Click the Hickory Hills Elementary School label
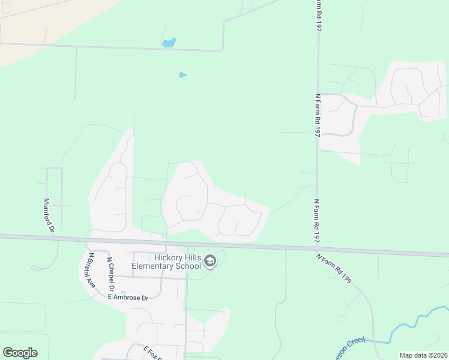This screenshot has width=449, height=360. click(x=176, y=262)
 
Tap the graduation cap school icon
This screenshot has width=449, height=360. click(x=210, y=261)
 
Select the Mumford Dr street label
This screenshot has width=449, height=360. click(x=49, y=215)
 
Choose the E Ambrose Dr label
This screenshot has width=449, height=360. click(x=128, y=298)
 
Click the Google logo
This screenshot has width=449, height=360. click(x=20, y=353)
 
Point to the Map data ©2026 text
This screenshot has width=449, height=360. click(x=423, y=355)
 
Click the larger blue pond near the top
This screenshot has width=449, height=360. click(x=169, y=43)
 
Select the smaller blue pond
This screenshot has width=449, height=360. click(x=182, y=75)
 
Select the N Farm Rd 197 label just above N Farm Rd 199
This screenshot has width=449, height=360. click(x=316, y=221)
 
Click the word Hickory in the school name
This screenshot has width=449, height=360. click(x=166, y=257)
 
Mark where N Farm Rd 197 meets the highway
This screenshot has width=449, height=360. click(x=317, y=247)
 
